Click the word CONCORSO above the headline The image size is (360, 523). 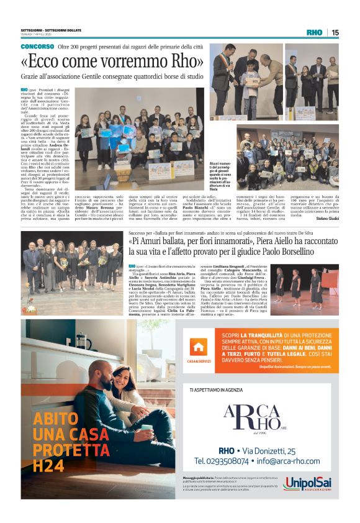point(37,47)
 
